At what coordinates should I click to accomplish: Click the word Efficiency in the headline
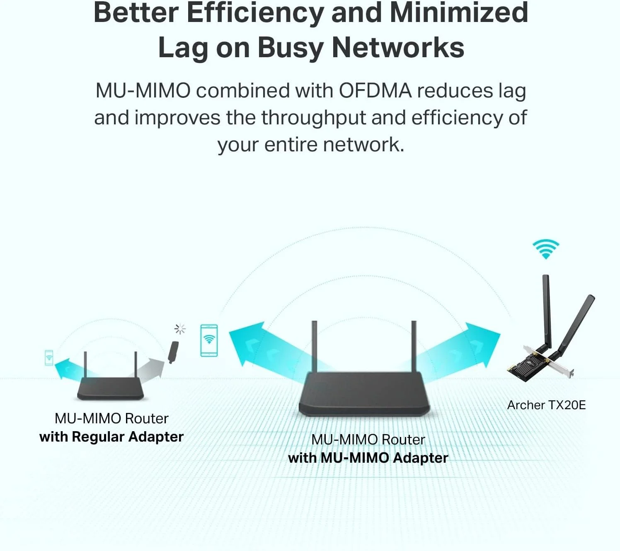(255, 13)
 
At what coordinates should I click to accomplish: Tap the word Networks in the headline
(398, 48)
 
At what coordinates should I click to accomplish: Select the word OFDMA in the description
(375, 91)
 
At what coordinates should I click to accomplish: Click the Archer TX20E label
(546, 405)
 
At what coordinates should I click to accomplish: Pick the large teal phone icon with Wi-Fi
(209, 340)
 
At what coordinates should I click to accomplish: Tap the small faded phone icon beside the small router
(49, 357)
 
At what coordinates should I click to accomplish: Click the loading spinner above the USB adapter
(180, 329)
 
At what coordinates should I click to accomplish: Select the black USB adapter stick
(173, 352)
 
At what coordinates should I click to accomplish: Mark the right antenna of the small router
(136, 364)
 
